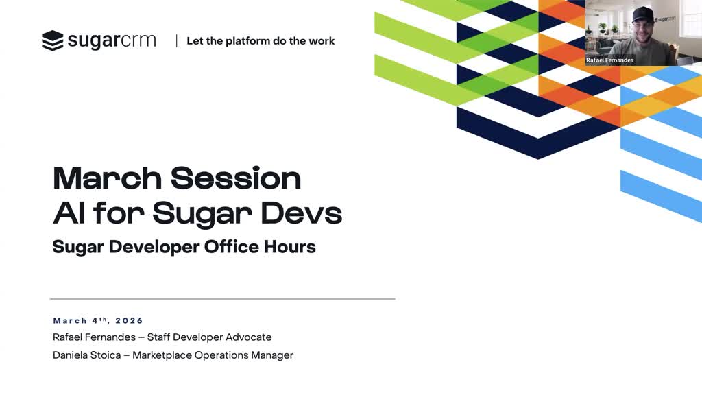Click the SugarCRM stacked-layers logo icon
[52, 40]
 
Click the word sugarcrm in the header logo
[112, 40]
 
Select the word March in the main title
[107, 178]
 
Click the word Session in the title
[236, 178]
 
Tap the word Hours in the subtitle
[290, 247]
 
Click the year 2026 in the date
[129, 321]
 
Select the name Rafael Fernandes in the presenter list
[94, 337]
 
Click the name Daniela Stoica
[87, 355]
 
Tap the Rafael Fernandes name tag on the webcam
[609, 60]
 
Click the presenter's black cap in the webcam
[642, 15]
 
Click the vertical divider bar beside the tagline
[176, 40]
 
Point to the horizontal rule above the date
[223, 299]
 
